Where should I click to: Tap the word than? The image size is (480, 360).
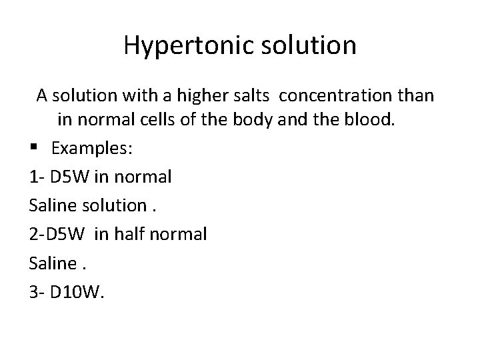(413, 96)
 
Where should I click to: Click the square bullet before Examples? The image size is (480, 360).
(33, 149)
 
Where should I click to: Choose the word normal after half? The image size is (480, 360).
(180, 235)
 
